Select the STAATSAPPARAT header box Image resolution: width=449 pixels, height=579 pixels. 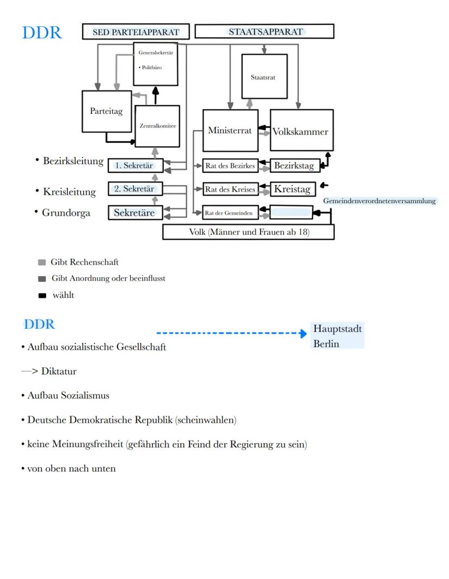point(264,31)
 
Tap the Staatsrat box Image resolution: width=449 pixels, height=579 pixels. point(264,76)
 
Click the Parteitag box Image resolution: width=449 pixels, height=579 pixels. point(106,112)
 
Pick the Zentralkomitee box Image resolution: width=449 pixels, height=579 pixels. point(157,126)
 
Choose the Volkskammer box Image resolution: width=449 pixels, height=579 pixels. point(301,131)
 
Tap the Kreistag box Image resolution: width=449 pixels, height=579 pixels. point(293,189)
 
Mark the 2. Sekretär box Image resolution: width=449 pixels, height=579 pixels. point(135,189)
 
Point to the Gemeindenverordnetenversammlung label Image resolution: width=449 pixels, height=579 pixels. point(380,201)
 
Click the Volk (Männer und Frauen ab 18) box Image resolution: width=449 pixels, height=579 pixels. point(248,232)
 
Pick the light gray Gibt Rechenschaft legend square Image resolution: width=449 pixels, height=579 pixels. point(42,263)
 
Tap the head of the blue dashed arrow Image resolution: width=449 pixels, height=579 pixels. point(303,333)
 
